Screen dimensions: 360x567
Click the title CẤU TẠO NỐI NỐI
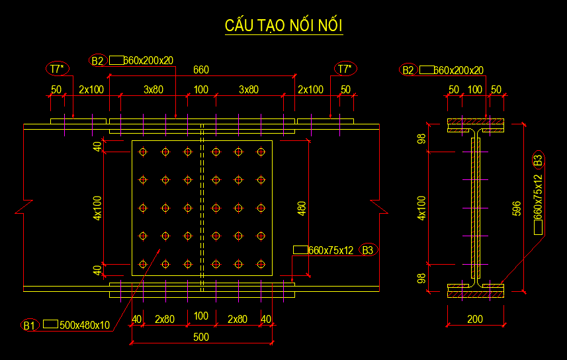(x=284, y=26)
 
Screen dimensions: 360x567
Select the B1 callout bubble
(x=29, y=325)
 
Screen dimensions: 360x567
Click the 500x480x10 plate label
(x=85, y=325)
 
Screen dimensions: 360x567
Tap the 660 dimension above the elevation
(x=200, y=69)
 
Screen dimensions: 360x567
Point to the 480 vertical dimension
(x=302, y=209)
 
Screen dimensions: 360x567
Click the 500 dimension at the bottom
(x=201, y=337)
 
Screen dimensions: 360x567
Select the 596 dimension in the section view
(x=517, y=208)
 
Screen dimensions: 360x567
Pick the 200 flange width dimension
(x=475, y=319)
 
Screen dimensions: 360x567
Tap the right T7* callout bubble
(x=345, y=69)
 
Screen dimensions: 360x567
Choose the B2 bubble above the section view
(x=408, y=70)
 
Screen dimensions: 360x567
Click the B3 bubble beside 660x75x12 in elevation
(x=368, y=250)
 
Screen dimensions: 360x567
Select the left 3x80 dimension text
(x=153, y=89)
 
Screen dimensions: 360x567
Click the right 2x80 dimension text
(x=238, y=319)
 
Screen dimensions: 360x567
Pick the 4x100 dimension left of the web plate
(x=97, y=207)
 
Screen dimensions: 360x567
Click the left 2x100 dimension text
(x=91, y=89)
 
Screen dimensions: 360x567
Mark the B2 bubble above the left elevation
(x=98, y=61)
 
